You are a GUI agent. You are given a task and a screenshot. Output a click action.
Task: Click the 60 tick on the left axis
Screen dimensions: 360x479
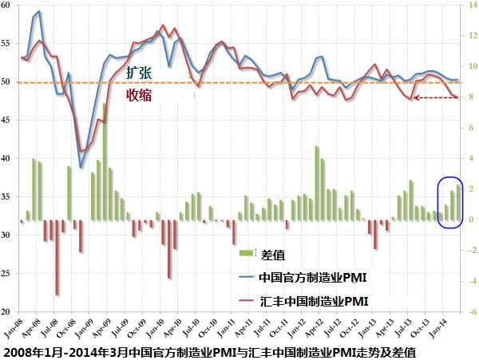7,6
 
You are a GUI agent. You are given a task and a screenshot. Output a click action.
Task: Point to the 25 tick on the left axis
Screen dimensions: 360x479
7,274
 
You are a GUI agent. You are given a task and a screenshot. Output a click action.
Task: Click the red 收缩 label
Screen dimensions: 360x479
138,95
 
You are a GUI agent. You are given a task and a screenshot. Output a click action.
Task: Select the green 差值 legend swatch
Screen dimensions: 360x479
245,255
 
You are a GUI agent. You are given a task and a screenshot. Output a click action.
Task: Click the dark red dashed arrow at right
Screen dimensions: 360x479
432,98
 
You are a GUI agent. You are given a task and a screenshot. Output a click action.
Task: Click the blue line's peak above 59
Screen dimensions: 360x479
39,12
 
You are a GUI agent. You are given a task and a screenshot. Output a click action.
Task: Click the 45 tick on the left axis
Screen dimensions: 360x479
7,121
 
